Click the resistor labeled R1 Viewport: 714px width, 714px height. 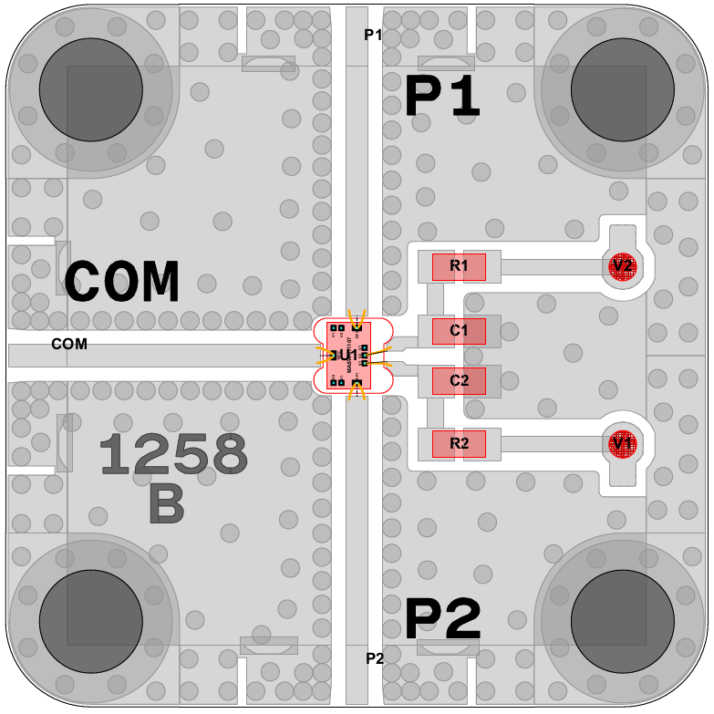[459, 266]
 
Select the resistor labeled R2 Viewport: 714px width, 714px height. [459, 444]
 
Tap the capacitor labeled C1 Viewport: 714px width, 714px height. [459, 330]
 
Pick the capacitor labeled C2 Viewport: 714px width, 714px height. [459, 379]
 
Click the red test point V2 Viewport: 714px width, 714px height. [623, 266]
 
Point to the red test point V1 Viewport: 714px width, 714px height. [623, 443]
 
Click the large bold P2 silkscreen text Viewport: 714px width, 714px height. [442, 620]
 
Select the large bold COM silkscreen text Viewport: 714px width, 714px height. [122, 282]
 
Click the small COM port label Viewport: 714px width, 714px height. [69, 344]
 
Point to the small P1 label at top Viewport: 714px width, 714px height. [372, 35]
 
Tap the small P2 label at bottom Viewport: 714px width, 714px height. [375, 658]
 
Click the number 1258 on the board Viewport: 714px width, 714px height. [173, 453]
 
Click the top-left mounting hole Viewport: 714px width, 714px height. [90, 90]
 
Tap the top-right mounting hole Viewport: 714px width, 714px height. [622, 90]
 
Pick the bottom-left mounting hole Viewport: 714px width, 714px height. [90, 622]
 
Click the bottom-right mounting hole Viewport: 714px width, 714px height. [622, 622]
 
